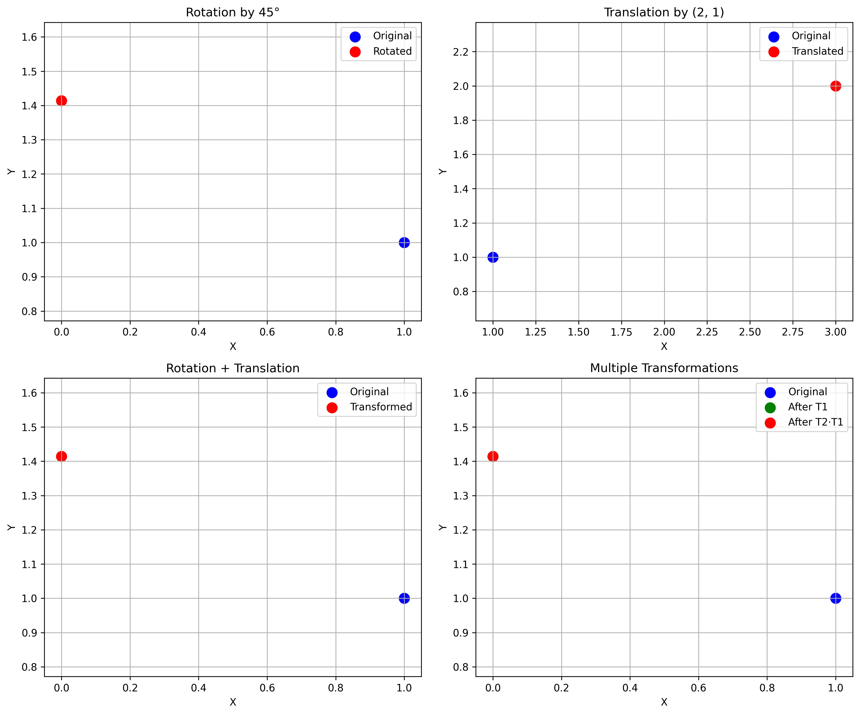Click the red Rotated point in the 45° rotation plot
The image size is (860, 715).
pos(61,101)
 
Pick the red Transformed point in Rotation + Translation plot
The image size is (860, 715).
pos(61,456)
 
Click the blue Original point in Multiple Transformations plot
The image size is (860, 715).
pos(835,598)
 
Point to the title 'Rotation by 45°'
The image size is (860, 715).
pos(233,12)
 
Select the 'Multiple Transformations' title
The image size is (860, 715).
pos(664,368)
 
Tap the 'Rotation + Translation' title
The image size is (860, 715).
pos(233,368)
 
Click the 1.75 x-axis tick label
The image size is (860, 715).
pos(621,332)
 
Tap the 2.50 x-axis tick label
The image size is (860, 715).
pos(750,332)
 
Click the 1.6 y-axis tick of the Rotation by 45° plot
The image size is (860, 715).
pos(29,37)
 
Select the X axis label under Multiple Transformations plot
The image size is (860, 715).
pos(664,702)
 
